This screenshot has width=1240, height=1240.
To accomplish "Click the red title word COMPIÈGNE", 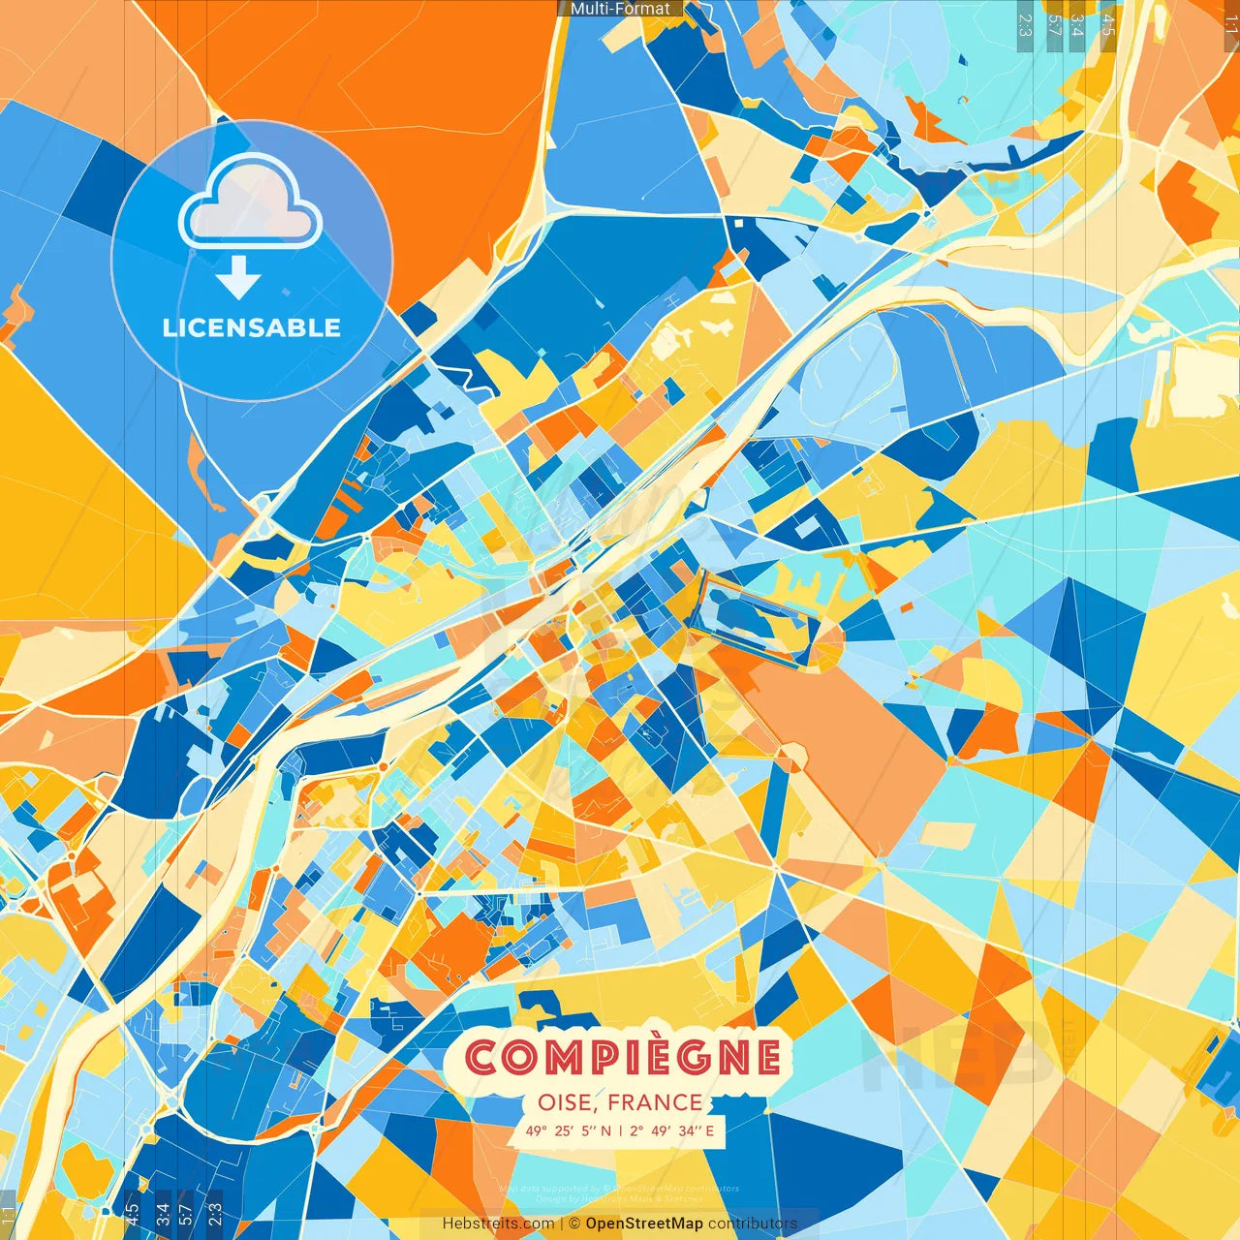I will [x=623, y=1057].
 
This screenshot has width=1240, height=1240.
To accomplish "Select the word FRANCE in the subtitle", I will [x=656, y=1102].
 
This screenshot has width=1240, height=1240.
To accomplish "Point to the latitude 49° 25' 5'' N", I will [x=569, y=1131].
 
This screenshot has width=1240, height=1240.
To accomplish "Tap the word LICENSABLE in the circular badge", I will [x=252, y=327].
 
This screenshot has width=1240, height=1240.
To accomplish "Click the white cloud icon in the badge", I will [x=251, y=201].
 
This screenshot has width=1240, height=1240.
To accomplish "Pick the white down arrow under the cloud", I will [x=238, y=278].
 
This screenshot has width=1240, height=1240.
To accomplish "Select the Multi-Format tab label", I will [x=620, y=9].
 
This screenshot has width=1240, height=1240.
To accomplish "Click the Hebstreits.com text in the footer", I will [x=498, y=1224].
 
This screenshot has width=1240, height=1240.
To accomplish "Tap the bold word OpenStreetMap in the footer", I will [x=644, y=1224].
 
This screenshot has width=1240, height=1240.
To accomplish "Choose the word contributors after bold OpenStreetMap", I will [x=753, y=1224].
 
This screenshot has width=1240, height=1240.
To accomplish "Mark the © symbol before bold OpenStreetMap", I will [x=574, y=1224].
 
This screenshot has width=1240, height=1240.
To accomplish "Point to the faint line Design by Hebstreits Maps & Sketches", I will [x=620, y=1198].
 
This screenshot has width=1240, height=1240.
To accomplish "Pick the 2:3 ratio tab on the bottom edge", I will [x=214, y=1211].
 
